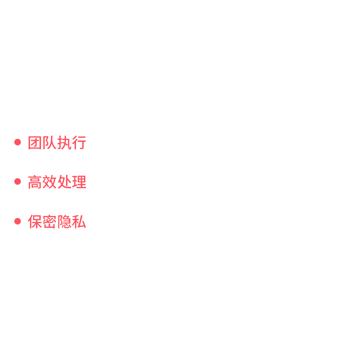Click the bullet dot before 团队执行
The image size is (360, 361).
click(x=17, y=142)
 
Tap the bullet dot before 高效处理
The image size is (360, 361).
click(x=17, y=182)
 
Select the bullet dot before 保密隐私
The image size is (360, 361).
click(x=17, y=221)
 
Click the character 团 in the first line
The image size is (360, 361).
click(x=35, y=143)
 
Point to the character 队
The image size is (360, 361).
click(x=49, y=143)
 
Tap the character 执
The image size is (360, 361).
click(x=64, y=143)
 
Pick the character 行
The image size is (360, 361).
click(x=79, y=143)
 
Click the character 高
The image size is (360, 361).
click(x=35, y=182)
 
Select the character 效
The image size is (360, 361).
click(x=49, y=182)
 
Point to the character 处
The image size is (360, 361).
click(x=64, y=182)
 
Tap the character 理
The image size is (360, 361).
click(x=79, y=182)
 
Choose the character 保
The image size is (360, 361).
click(x=35, y=222)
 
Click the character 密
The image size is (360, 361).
click(x=49, y=222)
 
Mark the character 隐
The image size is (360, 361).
click(x=64, y=222)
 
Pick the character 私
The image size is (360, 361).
click(x=79, y=222)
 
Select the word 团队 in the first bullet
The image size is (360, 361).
click(x=42, y=143)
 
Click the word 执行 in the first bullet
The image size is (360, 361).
click(x=72, y=143)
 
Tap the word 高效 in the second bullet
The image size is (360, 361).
click(x=42, y=182)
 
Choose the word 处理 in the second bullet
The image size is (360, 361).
click(x=72, y=182)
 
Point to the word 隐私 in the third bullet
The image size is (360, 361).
click(x=72, y=222)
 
